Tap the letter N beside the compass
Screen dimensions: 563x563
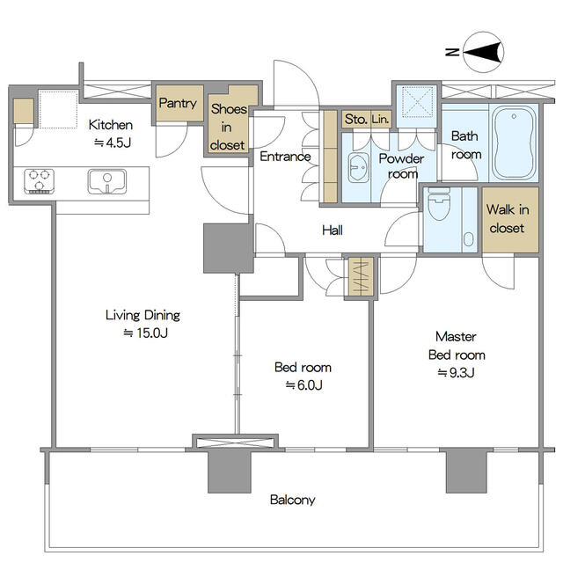[452, 52]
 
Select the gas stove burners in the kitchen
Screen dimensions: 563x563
[39, 181]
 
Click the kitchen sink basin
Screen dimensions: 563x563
[107, 181]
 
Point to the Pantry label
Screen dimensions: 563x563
[178, 104]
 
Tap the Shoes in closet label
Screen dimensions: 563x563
[228, 127]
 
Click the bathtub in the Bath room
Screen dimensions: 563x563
[514, 143]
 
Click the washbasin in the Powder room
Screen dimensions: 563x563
[358, 167]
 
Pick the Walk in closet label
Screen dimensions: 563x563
[508, 219]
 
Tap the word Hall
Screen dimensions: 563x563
[333, 230]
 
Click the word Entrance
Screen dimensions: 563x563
[285, 157]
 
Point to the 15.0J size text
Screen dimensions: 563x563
[145, 333]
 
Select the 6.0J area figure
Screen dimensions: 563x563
[303, 385]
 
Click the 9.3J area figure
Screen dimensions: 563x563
[456, 373]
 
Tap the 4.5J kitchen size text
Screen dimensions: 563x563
[113, 143]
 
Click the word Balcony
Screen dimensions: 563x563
[293, 501]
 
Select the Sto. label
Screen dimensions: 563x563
[355, 120]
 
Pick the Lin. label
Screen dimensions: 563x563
[380, 120]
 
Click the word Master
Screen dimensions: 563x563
[456, 337]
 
